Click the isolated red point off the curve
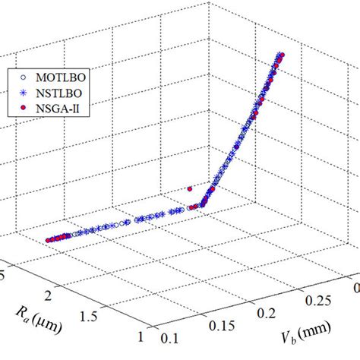190,188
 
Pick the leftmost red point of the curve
47,239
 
